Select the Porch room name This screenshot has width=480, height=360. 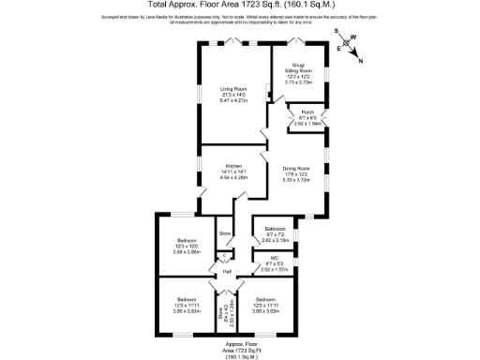[307, 112]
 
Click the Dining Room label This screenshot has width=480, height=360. [297, 169]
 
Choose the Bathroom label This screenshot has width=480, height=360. [275, 229]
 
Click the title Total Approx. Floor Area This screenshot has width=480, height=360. [240, 5]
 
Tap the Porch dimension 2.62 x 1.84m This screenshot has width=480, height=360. [307, 122]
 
